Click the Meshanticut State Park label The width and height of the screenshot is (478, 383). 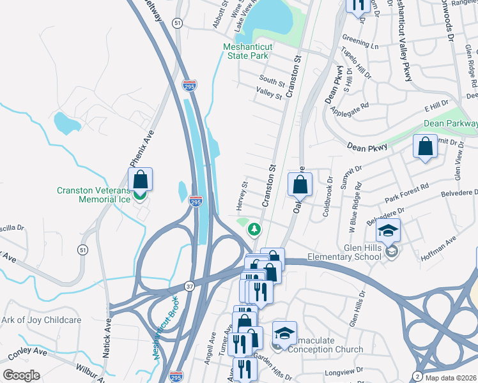(254, 51)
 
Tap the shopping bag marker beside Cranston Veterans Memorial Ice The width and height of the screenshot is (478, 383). (141, 179)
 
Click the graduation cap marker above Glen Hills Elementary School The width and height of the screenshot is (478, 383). (387, 230)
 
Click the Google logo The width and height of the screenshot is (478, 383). (21, 375)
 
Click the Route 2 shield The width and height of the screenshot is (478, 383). (417, 375)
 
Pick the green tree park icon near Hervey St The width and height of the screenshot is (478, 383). (255, 228)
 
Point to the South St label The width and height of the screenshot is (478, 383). (271, 80)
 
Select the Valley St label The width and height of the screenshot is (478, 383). (268, 95)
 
